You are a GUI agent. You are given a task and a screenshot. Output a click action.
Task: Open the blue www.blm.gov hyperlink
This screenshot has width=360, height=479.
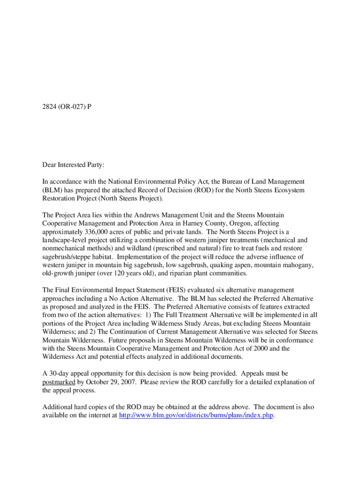196,415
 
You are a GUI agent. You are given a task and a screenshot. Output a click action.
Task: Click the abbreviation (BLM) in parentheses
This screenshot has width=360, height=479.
53,190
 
